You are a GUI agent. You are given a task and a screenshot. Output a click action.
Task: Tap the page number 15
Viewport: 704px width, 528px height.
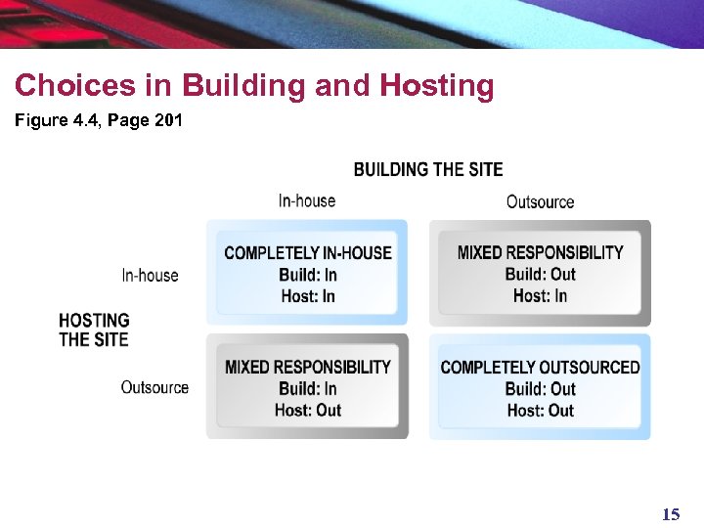[x=670, y=514]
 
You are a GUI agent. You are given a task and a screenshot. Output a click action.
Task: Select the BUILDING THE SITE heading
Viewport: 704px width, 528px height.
[x=428, y=170]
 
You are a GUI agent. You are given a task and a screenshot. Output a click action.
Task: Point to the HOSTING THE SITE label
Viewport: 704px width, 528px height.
[x=94, y=330]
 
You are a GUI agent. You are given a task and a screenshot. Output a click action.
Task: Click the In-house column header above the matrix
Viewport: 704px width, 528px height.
[x=306, y=201]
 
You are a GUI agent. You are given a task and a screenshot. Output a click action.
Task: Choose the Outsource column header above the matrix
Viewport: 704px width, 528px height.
[x=540, y=202]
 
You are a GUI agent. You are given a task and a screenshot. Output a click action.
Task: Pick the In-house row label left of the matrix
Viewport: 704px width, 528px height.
[x=150, y=276]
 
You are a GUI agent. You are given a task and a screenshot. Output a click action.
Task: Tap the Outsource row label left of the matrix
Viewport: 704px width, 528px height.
[x=154, y=388]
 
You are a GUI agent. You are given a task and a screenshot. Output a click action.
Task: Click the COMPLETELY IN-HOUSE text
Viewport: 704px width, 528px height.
[x=307, y=253]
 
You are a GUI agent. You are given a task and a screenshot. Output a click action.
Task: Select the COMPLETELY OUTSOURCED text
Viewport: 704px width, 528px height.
[x=540, y=368]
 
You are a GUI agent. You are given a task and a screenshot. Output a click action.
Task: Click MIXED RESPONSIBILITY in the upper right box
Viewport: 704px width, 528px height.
[x=540, y=253]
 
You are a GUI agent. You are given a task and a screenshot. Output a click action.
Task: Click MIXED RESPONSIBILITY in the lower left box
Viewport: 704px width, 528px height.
[x=307, y=368]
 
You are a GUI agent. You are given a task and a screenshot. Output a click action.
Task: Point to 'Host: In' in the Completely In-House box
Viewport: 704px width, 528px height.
[x=307, y=296]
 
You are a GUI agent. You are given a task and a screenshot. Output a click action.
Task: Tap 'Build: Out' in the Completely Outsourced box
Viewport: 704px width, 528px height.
[x=540, y=389]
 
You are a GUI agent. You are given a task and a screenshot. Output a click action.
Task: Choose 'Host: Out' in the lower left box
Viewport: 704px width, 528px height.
[x=307, y=411]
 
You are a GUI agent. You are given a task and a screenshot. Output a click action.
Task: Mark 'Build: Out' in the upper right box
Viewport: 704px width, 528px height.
[x=540, y=275]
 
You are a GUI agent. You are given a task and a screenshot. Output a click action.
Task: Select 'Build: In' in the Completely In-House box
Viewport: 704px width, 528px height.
[x=307, y=275]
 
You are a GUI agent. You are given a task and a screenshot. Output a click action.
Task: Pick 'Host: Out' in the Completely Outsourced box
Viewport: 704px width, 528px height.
[x=540, y=411]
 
